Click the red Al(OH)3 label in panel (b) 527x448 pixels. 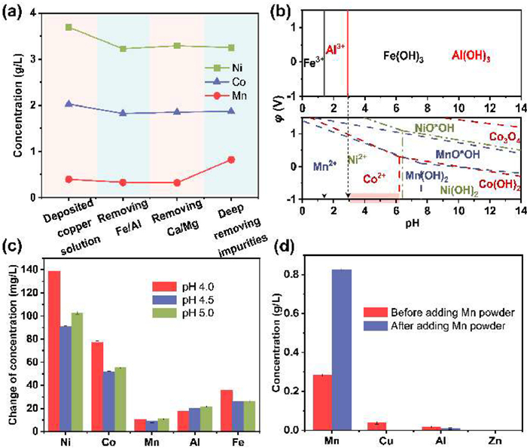[x=473, y=56]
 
